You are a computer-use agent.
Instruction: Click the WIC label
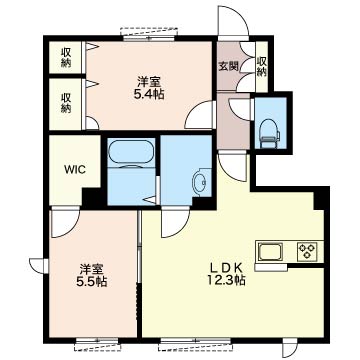pos(75,169)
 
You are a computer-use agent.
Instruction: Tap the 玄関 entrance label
pos(228,66)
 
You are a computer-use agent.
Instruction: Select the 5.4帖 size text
pos(150,95)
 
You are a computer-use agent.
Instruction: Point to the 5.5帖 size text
pos(92,282)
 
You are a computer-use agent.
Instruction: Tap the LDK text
pos(226,268)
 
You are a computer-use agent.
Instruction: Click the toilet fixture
pos(270,133)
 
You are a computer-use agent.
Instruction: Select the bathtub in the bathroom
pos(131,152)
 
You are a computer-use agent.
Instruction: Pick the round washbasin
pos(199,182)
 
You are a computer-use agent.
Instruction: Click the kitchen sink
pos(271,252)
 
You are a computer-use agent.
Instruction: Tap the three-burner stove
pos(307,251)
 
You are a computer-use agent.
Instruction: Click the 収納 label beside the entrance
pos(262,66)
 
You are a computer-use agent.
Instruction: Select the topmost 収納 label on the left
pos(66,58)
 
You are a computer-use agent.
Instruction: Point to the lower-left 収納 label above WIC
pos(66,103)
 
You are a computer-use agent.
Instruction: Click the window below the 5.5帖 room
pos(97,344)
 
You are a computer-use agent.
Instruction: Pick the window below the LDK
pos(195,344)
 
